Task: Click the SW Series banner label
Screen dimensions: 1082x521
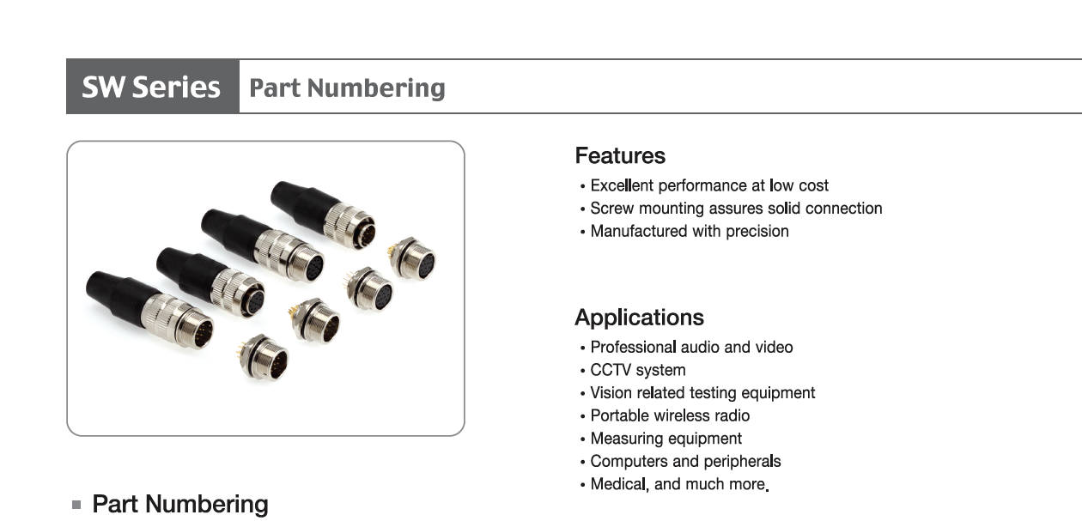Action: [151, 87]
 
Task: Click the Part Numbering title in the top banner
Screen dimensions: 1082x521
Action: [347, 88]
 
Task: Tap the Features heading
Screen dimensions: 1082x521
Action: [620, 155]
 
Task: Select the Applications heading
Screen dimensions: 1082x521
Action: [639, 318]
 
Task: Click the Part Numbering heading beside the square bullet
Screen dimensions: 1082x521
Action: [180, 504]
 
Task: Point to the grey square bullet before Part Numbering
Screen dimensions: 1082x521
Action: [76, 505]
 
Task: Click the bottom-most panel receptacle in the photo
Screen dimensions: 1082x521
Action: [264, 357]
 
